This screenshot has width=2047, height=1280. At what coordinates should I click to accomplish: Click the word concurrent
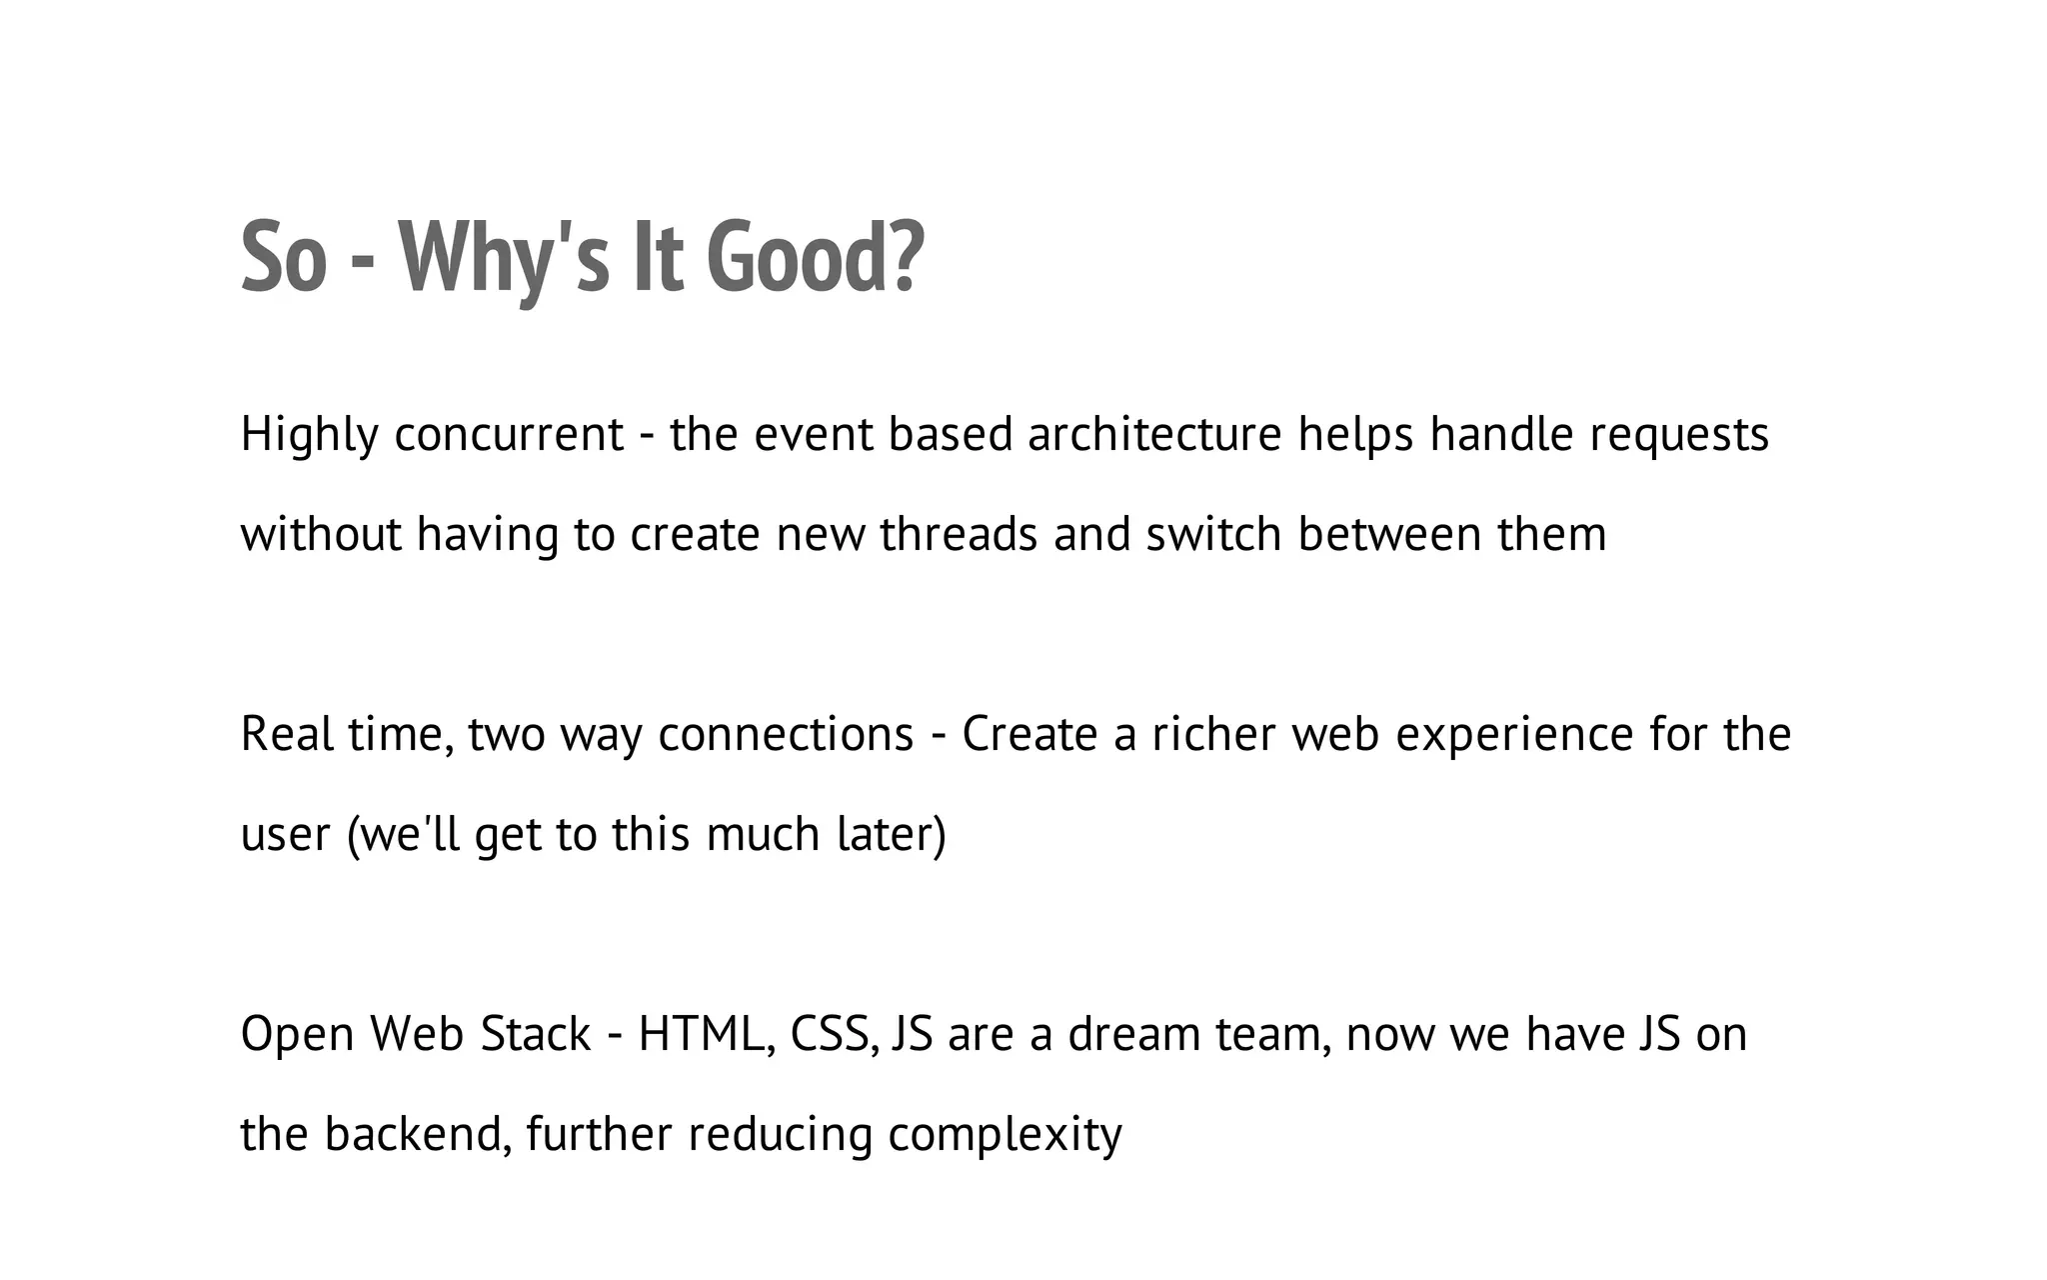pos(509,435)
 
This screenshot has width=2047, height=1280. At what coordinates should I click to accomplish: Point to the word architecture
pos(1154,435)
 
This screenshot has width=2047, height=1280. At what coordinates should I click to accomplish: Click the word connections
pos(786,735)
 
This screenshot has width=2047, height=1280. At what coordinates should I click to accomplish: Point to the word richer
pos(1213,735)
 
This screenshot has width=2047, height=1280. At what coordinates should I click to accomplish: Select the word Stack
pos(535,1035)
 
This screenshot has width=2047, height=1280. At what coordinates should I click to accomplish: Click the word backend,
pos(419,1135)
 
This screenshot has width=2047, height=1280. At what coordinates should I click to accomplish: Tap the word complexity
pos(1005,1135)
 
